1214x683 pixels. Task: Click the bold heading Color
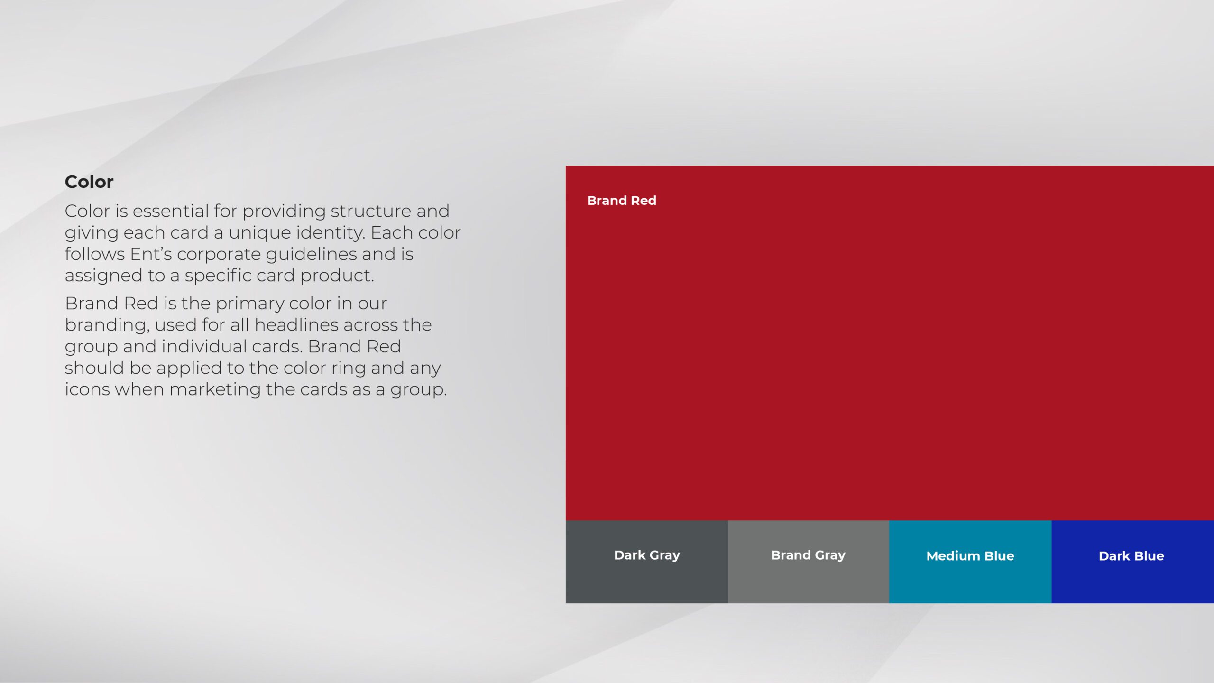(x=89, y=182)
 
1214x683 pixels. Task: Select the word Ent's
(x=151, y=254)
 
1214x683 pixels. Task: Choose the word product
(x=337, y=276)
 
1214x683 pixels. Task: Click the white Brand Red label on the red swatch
(x=622, y=201)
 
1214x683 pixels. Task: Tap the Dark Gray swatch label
(x=647, y=555)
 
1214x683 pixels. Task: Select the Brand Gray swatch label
(x=808, y=555)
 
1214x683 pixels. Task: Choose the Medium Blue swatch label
(x=970, y=556)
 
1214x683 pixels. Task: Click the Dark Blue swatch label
(x=1131, y=556)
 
